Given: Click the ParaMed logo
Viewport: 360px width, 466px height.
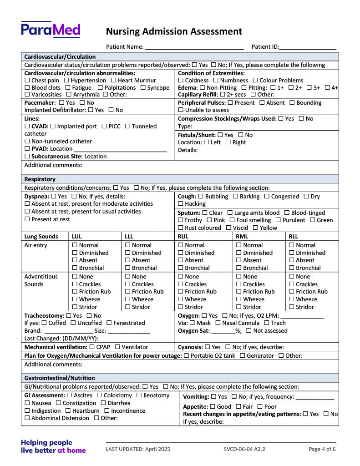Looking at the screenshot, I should [51, 30].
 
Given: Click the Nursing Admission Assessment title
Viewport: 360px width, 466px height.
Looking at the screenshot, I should [174, 31].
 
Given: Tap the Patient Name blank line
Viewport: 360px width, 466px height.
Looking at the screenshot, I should [194, 46].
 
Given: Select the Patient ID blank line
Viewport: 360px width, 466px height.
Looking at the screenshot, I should [308, 46].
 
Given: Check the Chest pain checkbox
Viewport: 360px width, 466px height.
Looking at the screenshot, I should [27, 81].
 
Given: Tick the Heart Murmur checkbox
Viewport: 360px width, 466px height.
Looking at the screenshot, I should [114, 81].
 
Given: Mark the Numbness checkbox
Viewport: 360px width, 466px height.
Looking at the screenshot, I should [216, 81].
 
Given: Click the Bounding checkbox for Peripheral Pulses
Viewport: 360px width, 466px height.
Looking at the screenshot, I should [292, 103].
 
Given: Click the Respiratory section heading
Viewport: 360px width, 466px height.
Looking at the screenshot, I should [40, 179].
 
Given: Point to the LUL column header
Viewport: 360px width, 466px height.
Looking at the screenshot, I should [78, 237].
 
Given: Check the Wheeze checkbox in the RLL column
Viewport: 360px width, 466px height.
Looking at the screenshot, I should [292, 299].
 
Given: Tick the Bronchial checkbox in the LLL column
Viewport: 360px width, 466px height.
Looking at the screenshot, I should [128, 268].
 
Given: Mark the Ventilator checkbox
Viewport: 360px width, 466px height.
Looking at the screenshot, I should [117, 347].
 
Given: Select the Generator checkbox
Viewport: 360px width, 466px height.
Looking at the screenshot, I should [243, 356].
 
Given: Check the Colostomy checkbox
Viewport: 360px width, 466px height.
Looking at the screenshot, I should [100, 396].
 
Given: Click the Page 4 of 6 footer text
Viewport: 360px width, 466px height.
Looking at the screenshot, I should [322, 449].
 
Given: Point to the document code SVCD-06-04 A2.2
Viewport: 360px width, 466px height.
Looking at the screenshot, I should [244, 449].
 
